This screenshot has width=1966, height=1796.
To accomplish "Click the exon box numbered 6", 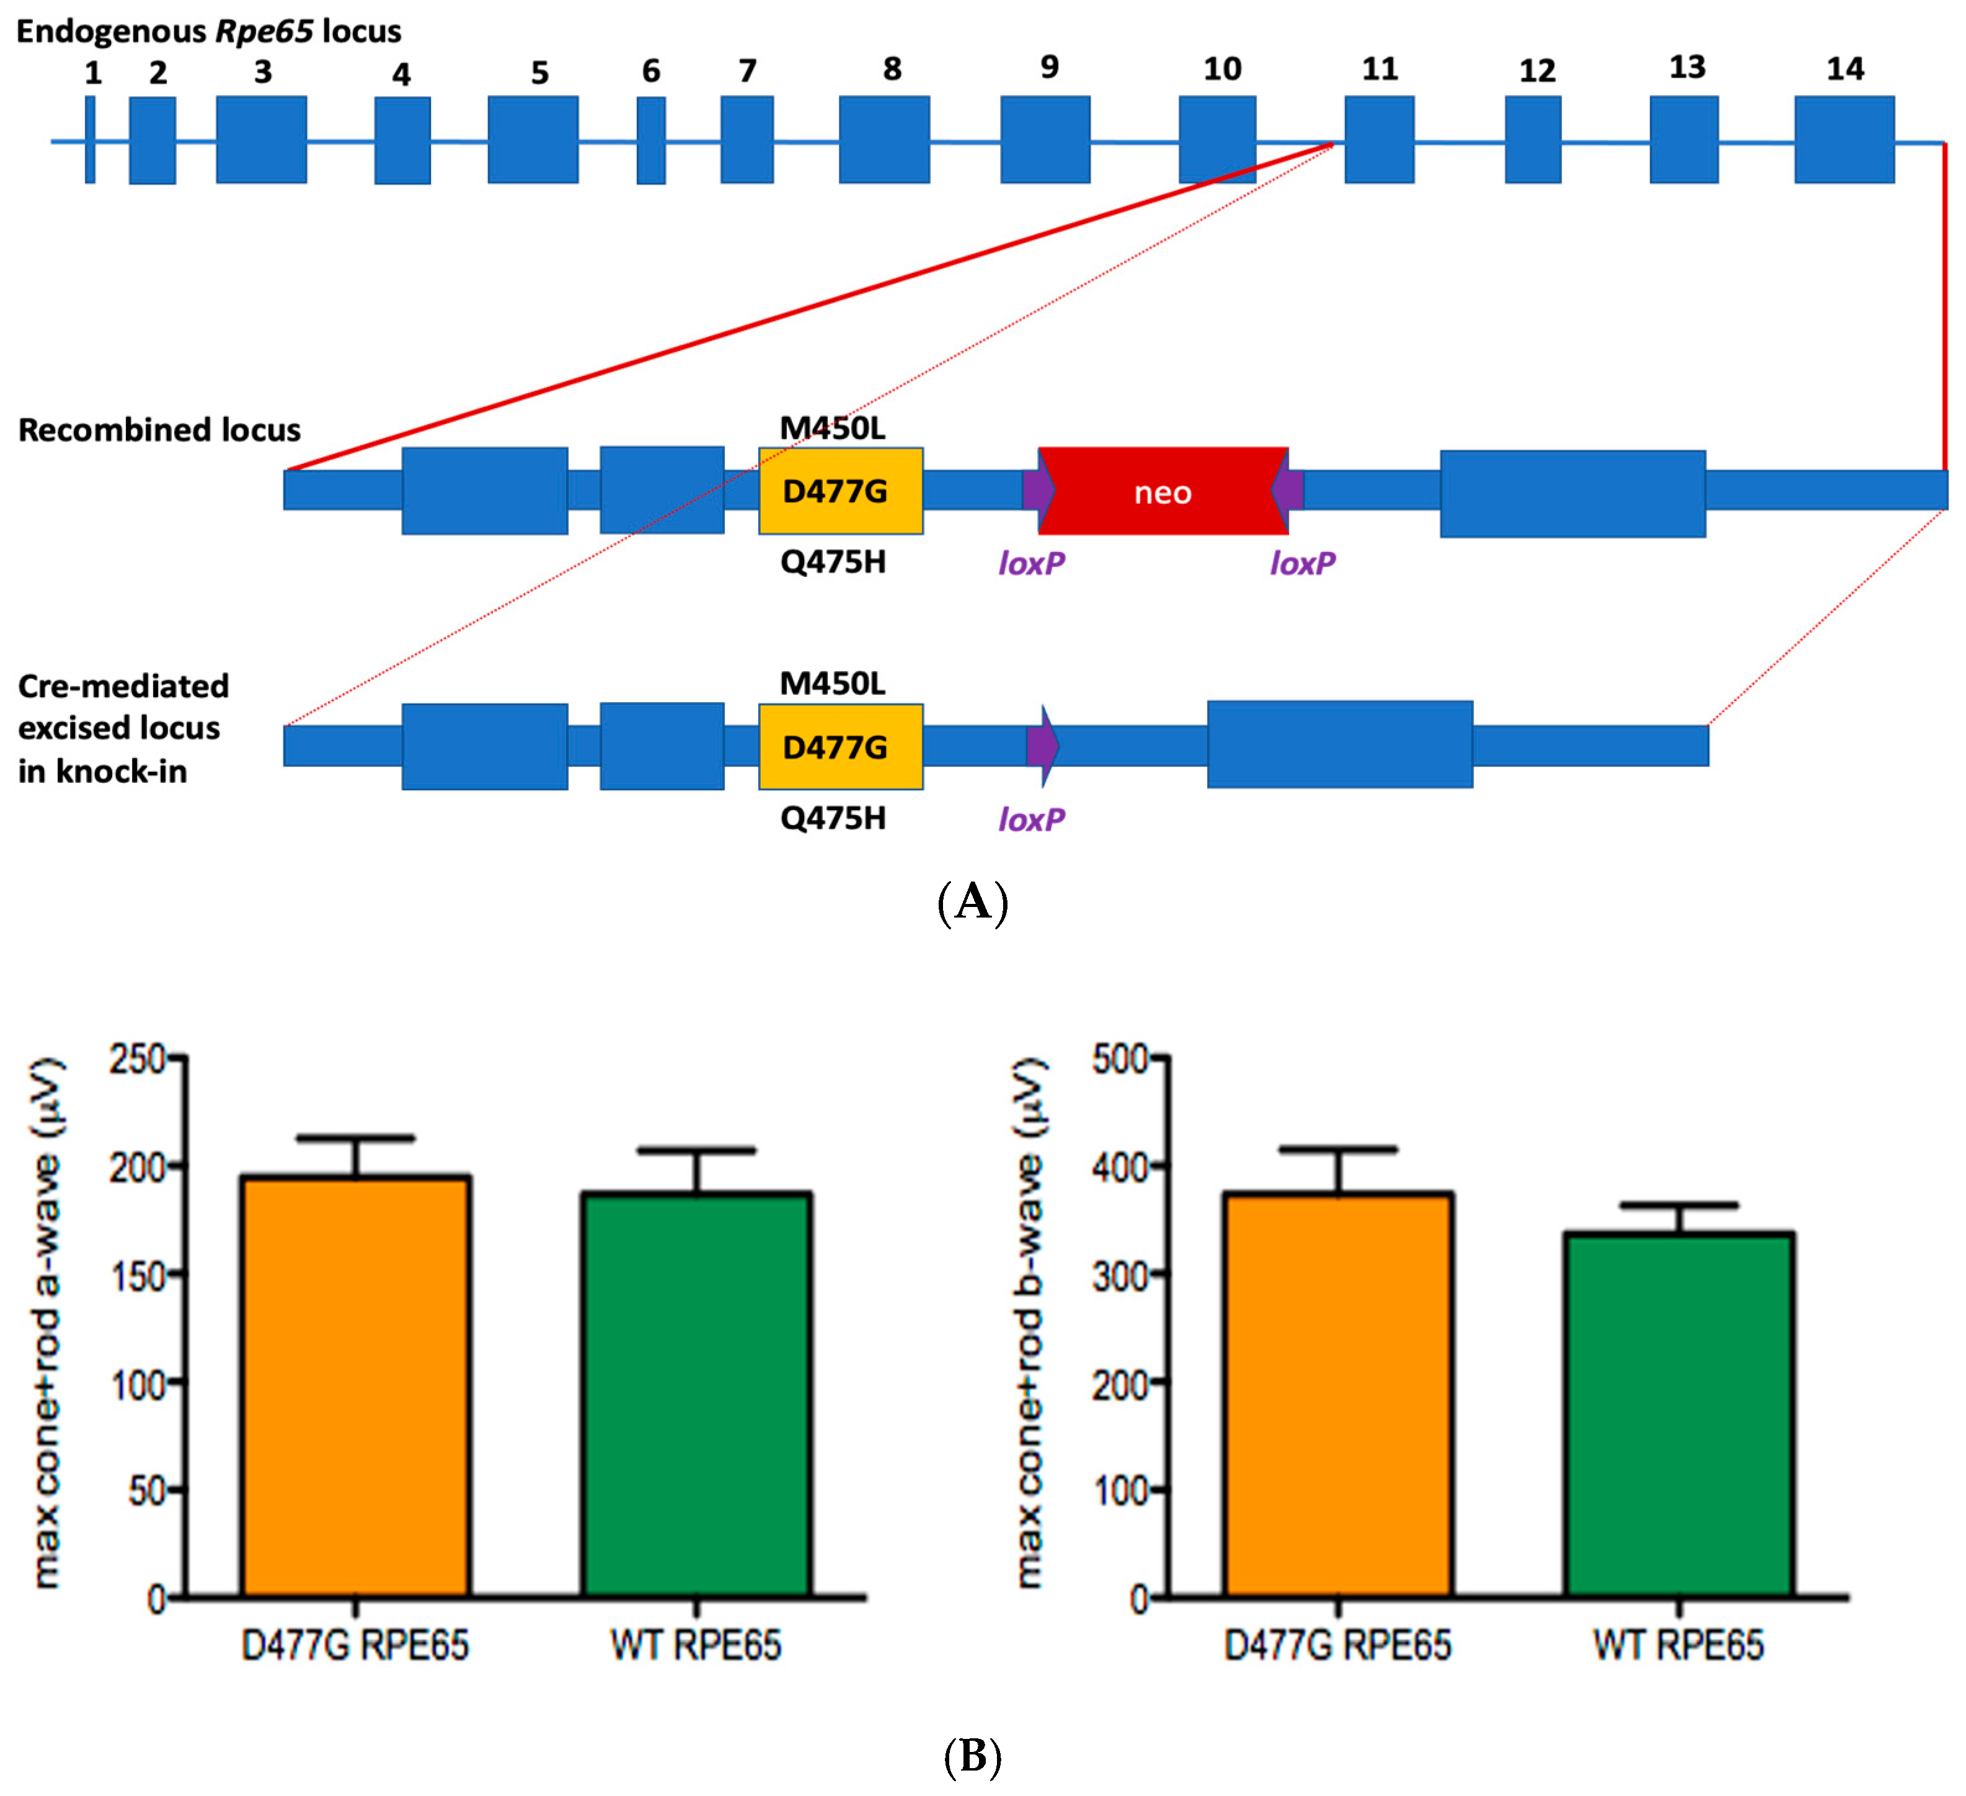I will tap(652, 140).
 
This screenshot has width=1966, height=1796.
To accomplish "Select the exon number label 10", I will tap(1222, 69).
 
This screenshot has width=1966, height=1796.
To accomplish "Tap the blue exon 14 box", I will tap(1844, 140).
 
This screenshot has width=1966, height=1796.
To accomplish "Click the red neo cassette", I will tap(1162, 492).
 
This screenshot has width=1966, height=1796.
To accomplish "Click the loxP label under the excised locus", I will tap(1031, 820).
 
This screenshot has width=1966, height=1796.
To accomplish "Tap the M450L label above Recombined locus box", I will tap(833, 428).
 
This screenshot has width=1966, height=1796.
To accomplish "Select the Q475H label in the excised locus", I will tap(833, 818).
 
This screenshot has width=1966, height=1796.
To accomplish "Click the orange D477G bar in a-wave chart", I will tap(356, 1385).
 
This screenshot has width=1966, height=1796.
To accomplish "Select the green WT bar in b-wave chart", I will tap(1678, 1414).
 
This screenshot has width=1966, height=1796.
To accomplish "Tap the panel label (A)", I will tap(972, 903).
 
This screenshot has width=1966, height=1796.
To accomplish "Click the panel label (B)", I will tap(972, 1756).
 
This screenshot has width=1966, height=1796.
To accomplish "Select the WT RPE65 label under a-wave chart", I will tap(695, 1646).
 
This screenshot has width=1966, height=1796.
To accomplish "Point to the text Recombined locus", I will tap(159, 430).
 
